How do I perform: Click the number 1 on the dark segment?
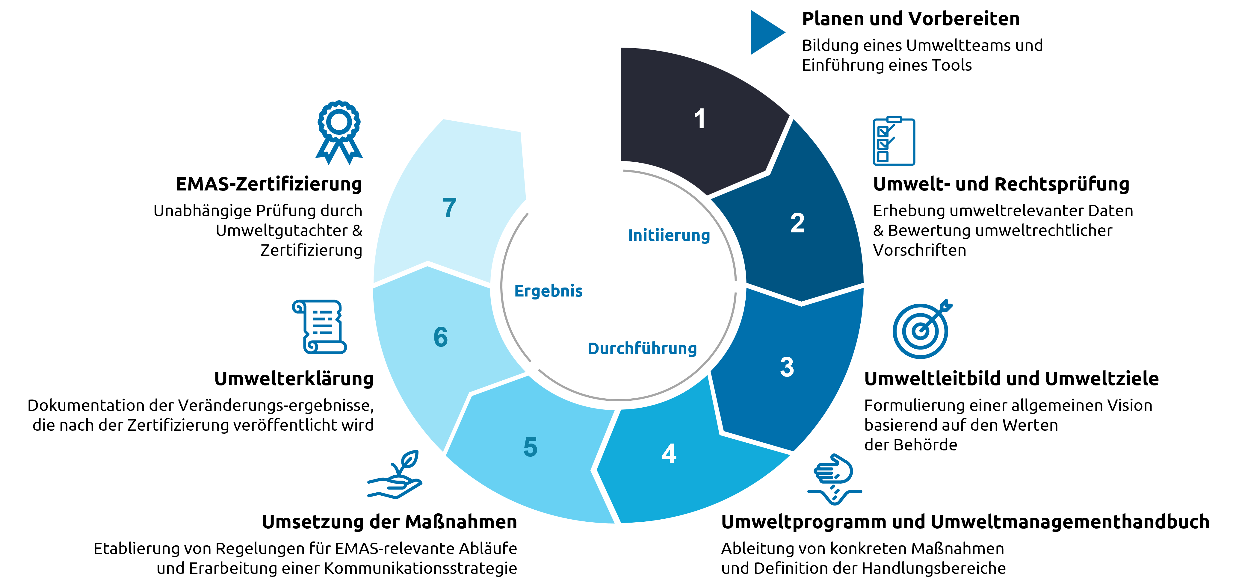click(699, 119)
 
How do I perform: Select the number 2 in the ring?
click(797, 223)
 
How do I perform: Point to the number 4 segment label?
click(669, 453)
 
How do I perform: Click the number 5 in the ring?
click(530, 447)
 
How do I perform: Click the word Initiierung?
click(669, 235)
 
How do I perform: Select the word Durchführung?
click(642, 349)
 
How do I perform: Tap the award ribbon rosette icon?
click(339, 132)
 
